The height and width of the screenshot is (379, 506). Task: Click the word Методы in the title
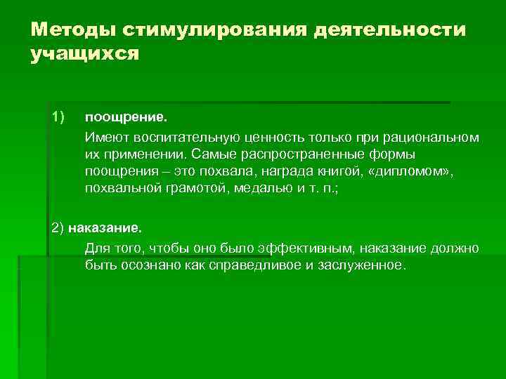click(72, 30)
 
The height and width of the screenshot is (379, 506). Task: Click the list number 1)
click(58, 115)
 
